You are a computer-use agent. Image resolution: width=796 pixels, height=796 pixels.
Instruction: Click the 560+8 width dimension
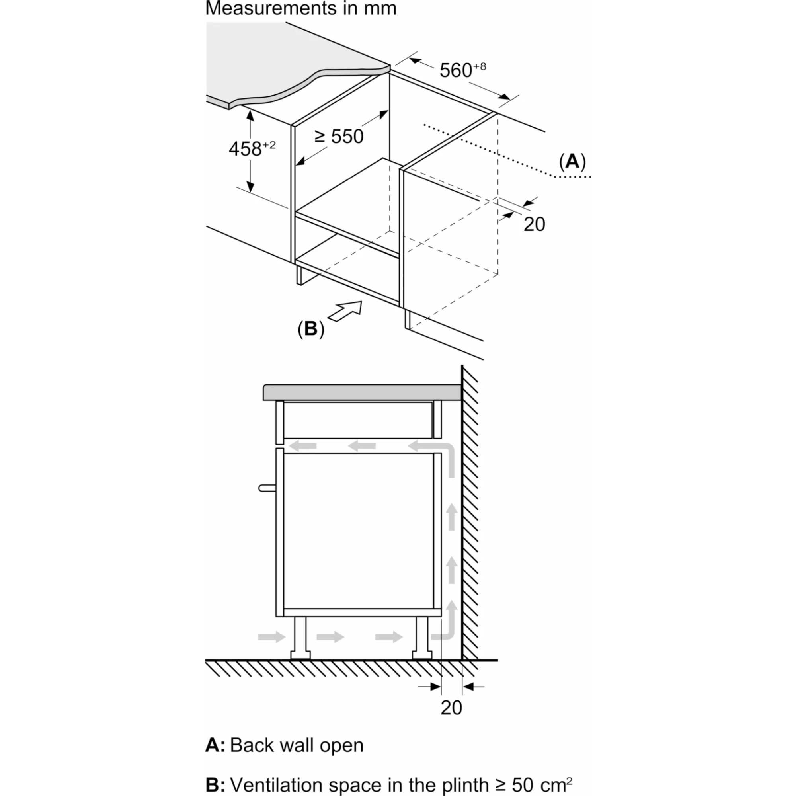pyautogui.click(x=462, y=70)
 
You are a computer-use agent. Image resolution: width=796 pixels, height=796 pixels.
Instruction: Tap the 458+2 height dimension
pyautogui.click(x=252, y=148)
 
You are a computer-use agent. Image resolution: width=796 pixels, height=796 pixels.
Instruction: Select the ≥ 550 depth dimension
pyautogui.click(x=339, y=137)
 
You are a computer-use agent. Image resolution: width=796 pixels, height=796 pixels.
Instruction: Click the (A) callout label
pyautogui.click(x=572, y=162)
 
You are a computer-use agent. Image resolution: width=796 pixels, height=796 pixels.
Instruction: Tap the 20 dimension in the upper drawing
pyautogui.click(x=535, y=224)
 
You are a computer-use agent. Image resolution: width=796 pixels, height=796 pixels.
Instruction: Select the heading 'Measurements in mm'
pyautogui.click(x=301, y=8)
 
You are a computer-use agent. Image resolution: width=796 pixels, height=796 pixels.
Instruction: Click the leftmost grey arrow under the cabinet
pyautogui.click(x=271, y=636)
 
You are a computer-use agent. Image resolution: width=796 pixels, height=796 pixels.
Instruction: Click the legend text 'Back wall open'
pyautogui.click(x=297, y=745)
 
